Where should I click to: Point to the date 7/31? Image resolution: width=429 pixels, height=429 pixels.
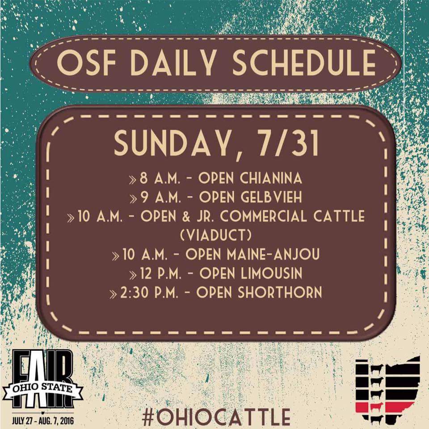tap(288, 143)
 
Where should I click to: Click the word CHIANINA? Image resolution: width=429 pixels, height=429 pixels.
tap(271, 178)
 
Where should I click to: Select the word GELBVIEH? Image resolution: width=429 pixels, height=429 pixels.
tap(271, 197)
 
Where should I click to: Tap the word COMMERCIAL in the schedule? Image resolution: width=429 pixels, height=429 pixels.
tap(264, 216)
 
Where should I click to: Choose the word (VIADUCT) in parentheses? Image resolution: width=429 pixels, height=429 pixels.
tap(216, 235)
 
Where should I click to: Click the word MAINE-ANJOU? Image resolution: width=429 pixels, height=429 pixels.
tap(273, 254)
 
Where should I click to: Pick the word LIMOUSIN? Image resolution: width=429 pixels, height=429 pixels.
tap(271, 273)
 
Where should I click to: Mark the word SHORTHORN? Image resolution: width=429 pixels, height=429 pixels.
tap(280, 292)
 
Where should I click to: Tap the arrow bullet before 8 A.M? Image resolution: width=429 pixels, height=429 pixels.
tap(133, 180)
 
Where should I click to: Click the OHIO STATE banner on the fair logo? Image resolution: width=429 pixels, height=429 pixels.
tap(42, 388)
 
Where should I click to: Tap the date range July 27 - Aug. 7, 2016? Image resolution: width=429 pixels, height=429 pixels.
tap(43, 421)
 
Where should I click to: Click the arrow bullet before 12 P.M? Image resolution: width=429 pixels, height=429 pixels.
tap(133, 275)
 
